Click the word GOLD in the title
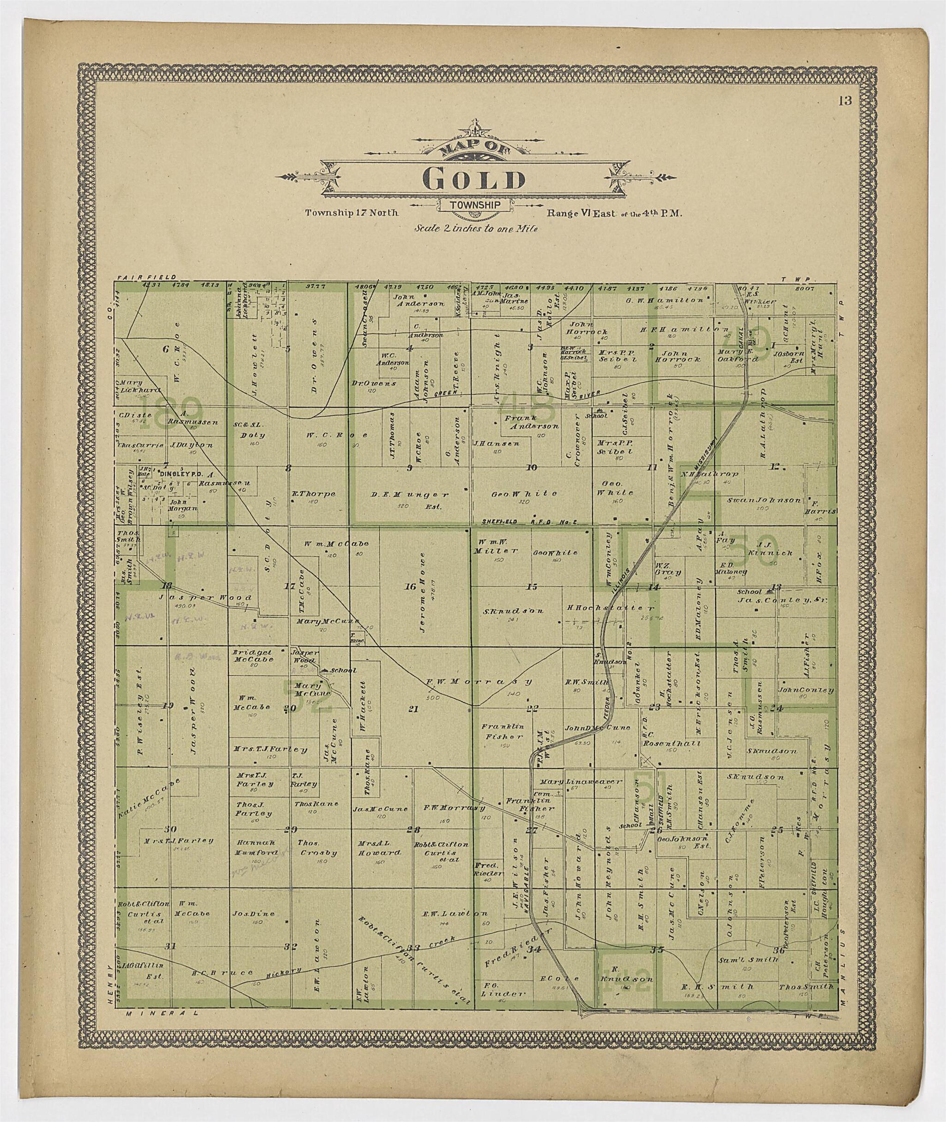click(x=473, y=180)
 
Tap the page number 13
click(x=845, y=101)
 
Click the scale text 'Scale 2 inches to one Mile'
click(x=476, y=228)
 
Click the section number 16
click(x=410, y=586)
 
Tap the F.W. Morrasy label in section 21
click(x=479, y=682)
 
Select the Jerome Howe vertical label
click(x=423, y=586)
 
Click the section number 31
click(x=170, y=946)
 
